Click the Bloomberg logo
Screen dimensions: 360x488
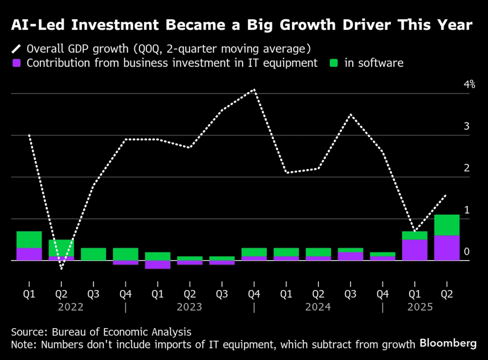click(448, 343)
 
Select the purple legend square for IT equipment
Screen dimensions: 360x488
click(17, 63)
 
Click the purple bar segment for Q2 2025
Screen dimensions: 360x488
click(447, 248)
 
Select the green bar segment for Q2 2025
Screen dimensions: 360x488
click(447, 225)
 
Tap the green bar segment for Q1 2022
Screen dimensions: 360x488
click(29, 240)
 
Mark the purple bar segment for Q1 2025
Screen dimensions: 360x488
click(415, 250)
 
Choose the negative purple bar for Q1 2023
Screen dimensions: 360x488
click(158, 265)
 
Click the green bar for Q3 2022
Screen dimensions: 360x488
click(93, 254)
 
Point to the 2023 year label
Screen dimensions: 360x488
click(189, 307)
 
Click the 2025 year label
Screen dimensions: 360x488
click(420, 307)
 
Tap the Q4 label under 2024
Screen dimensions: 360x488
click(383, 294)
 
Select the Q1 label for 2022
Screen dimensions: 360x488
click(29, 294)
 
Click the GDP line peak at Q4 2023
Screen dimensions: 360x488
click(254, 90)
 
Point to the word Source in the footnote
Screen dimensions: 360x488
click(28, 332)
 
